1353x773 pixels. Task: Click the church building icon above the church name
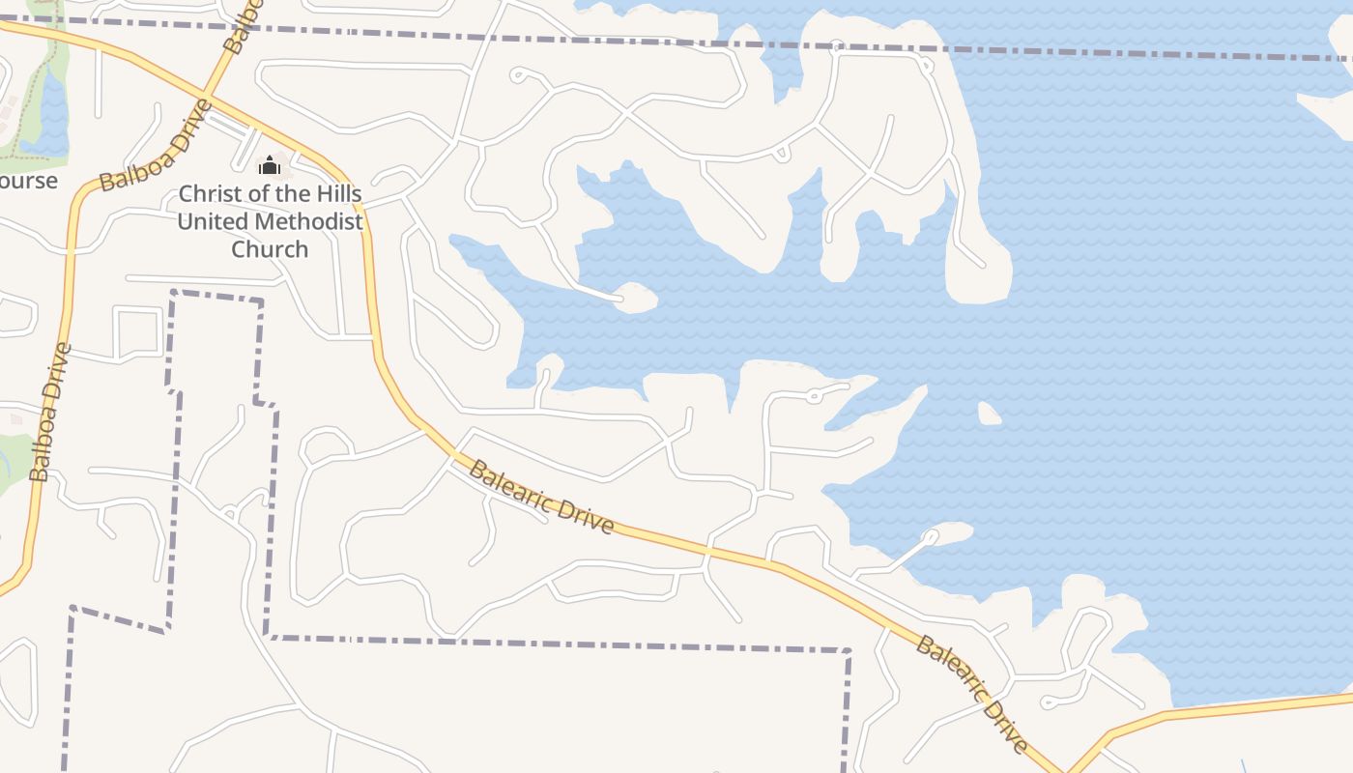270,166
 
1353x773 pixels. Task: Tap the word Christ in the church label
211,192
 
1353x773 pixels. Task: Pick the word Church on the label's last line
270,249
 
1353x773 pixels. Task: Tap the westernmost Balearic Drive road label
541,497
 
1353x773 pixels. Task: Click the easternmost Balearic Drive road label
971,693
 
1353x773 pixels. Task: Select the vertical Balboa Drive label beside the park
51,413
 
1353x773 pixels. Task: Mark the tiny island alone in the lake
989,414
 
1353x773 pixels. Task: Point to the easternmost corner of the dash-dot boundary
848,651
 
